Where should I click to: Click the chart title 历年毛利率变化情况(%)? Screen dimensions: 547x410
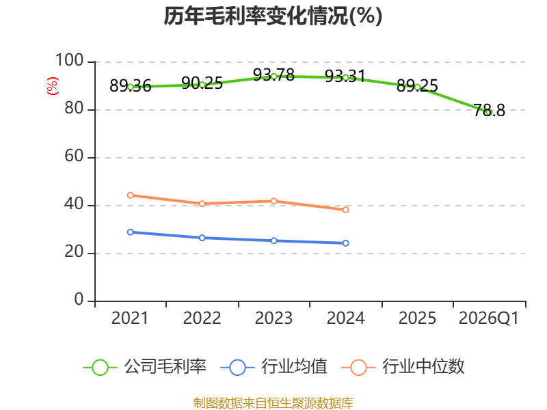273,16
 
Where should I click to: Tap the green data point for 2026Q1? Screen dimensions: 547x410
489,112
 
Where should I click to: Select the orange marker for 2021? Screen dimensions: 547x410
131,195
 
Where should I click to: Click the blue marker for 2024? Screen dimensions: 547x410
346,243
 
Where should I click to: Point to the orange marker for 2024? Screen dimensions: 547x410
346,210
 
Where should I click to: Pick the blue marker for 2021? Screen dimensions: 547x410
131,232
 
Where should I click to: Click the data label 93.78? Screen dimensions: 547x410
274,74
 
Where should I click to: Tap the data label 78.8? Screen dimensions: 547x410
489,110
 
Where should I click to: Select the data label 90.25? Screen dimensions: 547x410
202,83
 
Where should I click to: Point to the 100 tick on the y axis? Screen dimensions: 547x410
70,60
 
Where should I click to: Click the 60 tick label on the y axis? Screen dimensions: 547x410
74,156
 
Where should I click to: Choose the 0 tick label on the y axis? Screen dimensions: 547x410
79,299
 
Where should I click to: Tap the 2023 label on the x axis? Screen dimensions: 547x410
274,318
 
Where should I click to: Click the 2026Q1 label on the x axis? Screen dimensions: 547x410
489,318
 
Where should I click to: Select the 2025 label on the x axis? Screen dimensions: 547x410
417,318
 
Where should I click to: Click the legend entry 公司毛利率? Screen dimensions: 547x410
145,367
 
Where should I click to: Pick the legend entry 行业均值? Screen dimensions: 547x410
274,367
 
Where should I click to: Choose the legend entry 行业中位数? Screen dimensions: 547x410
403,367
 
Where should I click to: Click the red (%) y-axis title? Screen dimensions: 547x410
53,86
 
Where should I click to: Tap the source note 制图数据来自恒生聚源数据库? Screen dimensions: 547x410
273,403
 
